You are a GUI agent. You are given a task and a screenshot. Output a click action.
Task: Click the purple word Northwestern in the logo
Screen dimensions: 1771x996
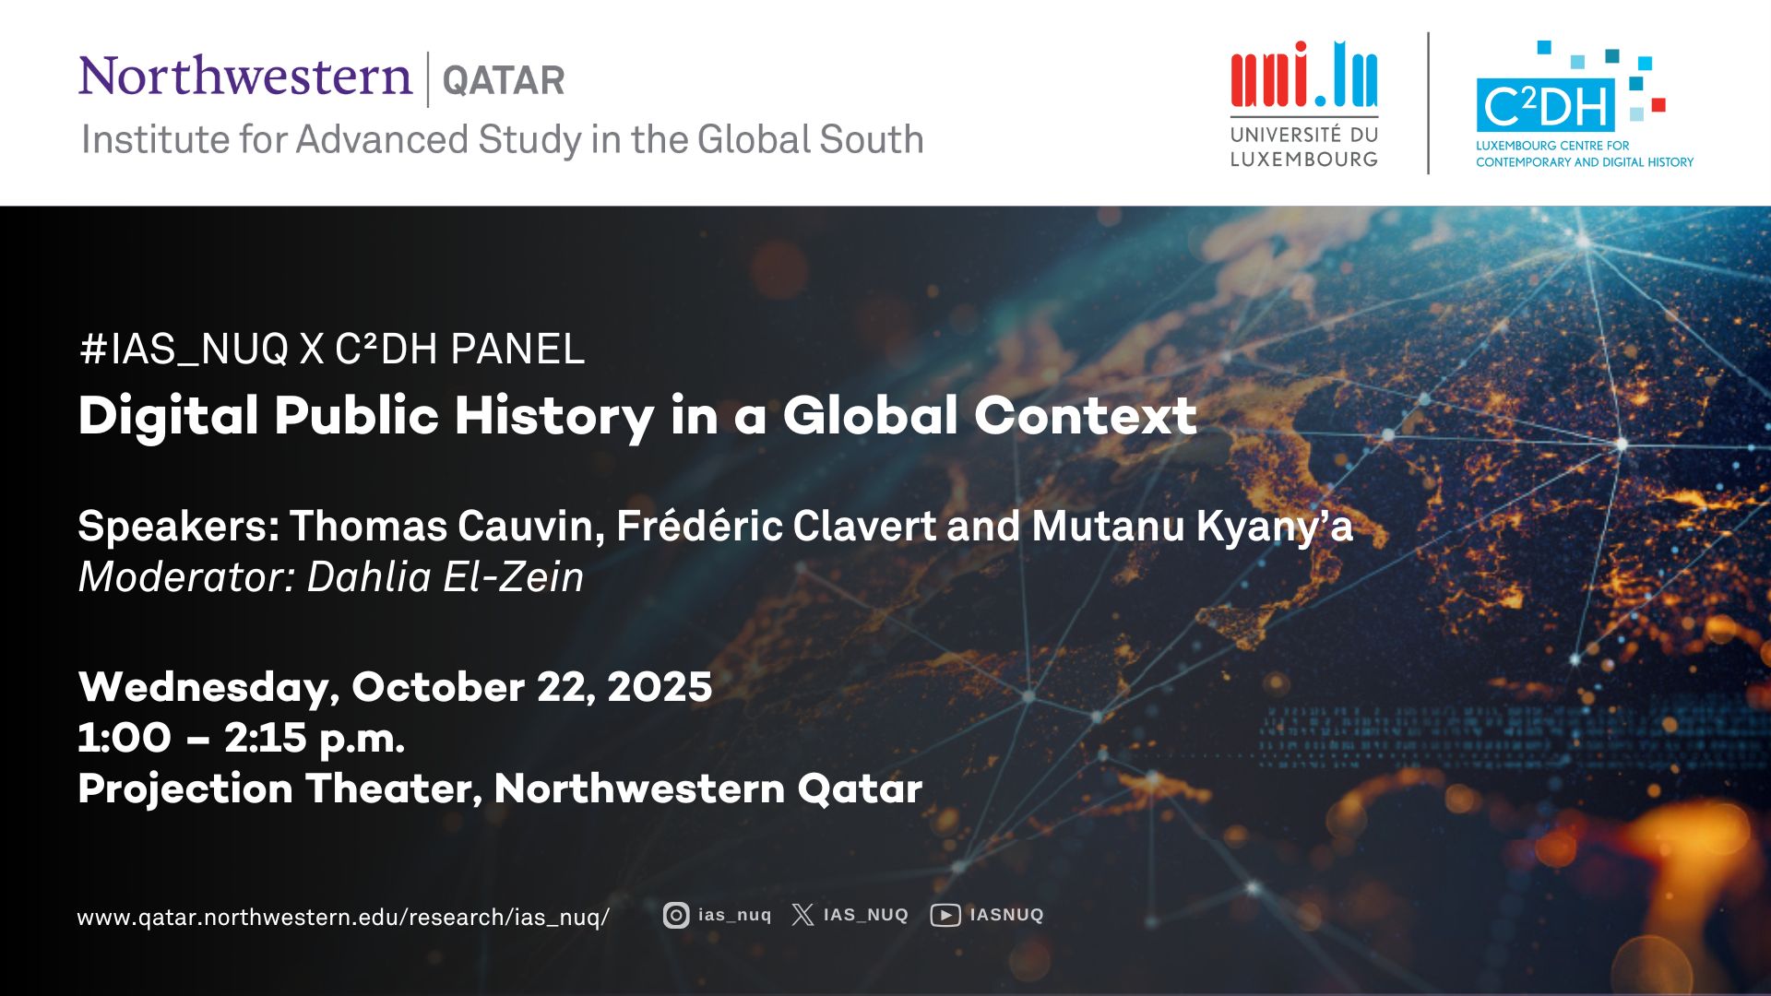tap(245, 76)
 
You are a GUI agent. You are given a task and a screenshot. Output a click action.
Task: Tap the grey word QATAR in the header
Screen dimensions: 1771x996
tap(504, 80)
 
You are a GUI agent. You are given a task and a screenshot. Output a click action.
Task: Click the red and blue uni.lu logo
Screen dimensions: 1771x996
tap(1304, 74)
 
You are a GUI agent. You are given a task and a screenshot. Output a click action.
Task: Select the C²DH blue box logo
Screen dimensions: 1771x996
tap(1546, 106)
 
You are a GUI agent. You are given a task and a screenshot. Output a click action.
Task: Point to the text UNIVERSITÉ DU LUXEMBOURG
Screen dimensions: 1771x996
tap(1304, 147)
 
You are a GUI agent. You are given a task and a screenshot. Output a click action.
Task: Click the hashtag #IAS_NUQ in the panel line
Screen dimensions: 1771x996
tap(184, 350)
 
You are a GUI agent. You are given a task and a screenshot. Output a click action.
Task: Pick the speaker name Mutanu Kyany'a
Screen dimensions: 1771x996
tap(1193, 527)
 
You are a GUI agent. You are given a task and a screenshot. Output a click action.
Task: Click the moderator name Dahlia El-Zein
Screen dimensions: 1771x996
tap(446, 577)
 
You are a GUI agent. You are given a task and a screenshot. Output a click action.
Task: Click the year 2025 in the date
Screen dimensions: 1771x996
tap(660, 687)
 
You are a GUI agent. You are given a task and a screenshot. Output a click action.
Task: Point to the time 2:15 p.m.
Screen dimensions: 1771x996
tap(315, 738)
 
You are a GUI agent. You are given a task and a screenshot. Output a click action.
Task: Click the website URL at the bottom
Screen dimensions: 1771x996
tap(343, 918)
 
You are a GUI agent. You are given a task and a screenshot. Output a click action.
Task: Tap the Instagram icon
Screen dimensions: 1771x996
tap(676, 915)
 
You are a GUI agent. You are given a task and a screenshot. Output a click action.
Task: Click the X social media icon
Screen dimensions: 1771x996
tap(802, 915)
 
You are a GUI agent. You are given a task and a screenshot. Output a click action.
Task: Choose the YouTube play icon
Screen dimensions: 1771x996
tap(945, 915)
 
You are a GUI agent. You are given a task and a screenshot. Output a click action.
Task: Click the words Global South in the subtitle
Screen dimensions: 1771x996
tap(811, 140)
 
